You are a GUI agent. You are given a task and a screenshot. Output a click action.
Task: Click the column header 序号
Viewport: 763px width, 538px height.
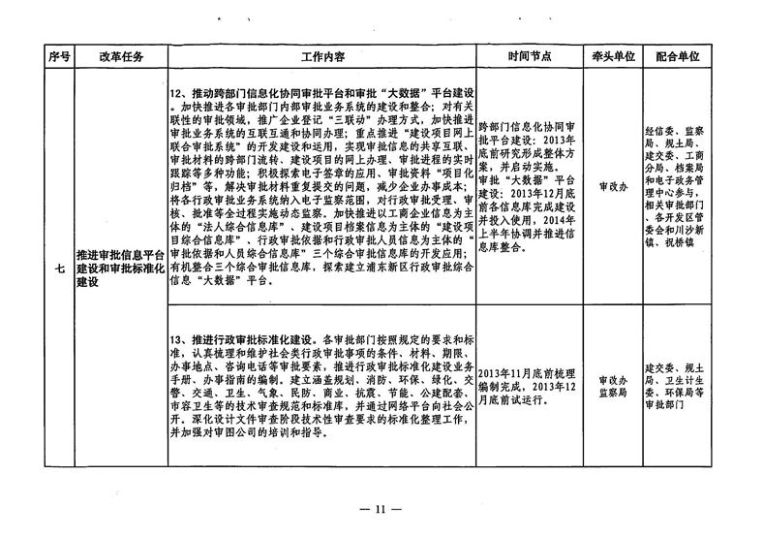point(59,56)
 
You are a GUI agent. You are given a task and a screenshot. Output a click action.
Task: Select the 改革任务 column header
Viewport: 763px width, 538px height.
point(121,56)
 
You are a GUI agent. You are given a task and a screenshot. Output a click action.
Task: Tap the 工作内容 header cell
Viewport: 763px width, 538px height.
point(322,57)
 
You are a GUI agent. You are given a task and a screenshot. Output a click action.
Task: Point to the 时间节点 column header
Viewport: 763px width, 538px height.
point(530,56)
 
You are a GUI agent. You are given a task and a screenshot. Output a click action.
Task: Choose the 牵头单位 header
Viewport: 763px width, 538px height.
point(613,56)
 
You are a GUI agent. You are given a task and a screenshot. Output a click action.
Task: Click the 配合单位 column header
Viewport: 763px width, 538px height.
point(678,56)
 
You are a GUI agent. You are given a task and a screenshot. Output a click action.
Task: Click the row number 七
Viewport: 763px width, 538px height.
point(59,269)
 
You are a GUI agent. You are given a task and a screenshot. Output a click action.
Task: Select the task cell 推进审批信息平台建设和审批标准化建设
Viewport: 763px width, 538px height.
point(121,269)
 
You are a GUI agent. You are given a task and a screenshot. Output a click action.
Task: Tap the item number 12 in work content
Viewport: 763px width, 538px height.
point(175,93)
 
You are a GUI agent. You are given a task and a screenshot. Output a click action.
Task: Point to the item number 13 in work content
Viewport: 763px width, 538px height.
point(175,339)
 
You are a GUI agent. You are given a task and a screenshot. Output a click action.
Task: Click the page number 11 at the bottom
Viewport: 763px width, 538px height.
point(381,510)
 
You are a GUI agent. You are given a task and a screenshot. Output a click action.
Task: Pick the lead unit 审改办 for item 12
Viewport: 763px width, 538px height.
point(613,187)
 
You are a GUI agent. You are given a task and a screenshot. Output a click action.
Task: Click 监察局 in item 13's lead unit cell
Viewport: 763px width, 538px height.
point(613,393)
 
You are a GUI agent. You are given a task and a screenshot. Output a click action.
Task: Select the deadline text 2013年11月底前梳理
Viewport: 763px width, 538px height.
point(527,374)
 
